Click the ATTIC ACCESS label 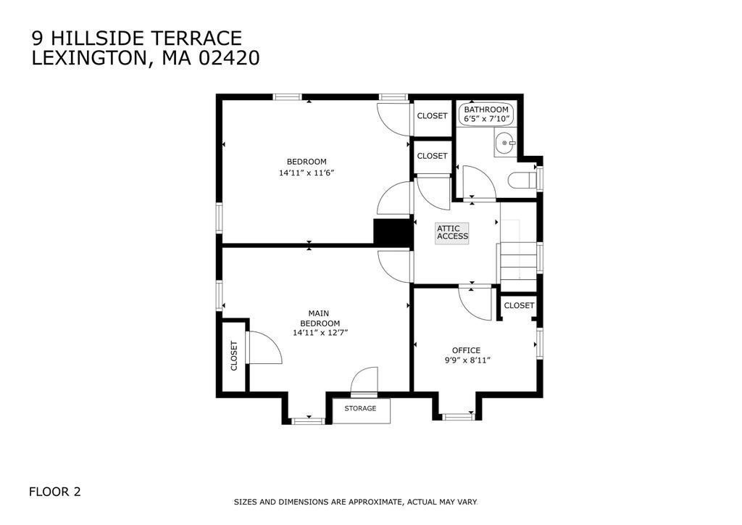[452, 232]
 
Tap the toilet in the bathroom [522, 180]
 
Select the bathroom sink [504, 144]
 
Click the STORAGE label [360, 409]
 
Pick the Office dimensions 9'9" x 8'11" [467, 360]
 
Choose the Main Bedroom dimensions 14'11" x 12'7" [320, 333]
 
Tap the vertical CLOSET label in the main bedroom [234, 356]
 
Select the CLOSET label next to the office [519, 306]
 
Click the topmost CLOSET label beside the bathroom [432, 116]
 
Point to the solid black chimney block [392, 232]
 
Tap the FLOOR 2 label [54, 492]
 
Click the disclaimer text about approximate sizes [355, 502]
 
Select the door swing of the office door [473, 303]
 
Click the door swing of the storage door [364, 381]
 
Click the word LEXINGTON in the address [91, 59]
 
